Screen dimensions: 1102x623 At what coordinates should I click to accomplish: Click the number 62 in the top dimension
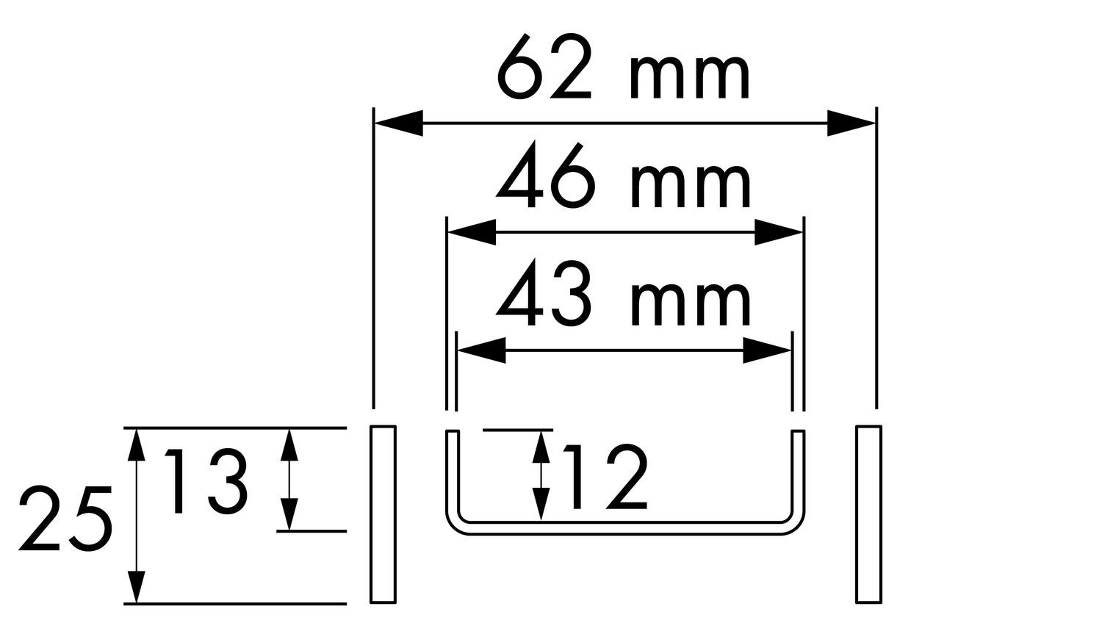pos(544,66)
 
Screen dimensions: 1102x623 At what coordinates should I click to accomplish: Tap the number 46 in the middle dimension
pos(547,175)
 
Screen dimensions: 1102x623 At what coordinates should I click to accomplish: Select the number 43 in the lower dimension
pos(544,294)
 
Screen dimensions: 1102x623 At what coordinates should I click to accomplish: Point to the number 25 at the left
pos(65,519)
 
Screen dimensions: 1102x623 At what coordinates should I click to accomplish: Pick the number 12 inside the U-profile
pos(605,477)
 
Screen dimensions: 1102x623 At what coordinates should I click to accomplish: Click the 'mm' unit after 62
pos(689,78)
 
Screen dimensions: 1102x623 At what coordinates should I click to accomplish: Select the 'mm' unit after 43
pos(690,305)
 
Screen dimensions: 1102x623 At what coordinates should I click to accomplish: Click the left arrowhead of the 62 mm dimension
pos(398,123)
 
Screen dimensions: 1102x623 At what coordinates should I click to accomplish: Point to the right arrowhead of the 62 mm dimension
pos(851,123)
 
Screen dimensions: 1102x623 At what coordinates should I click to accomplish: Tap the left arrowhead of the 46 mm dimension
pos(472,231)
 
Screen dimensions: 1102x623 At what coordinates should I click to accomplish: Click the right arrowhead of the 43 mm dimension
pos(766,350)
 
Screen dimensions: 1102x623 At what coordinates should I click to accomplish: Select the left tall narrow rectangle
pos(383,514)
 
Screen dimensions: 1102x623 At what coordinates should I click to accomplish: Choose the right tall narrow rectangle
pos(868,514)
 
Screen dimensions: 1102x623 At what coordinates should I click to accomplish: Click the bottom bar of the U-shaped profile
pos(624,527)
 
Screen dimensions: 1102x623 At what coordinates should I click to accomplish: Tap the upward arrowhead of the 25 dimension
pos(136,445)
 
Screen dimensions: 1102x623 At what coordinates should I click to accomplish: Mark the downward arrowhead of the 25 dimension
pos(136,587)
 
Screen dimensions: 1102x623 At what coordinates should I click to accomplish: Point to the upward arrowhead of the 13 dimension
pos(289,445)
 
